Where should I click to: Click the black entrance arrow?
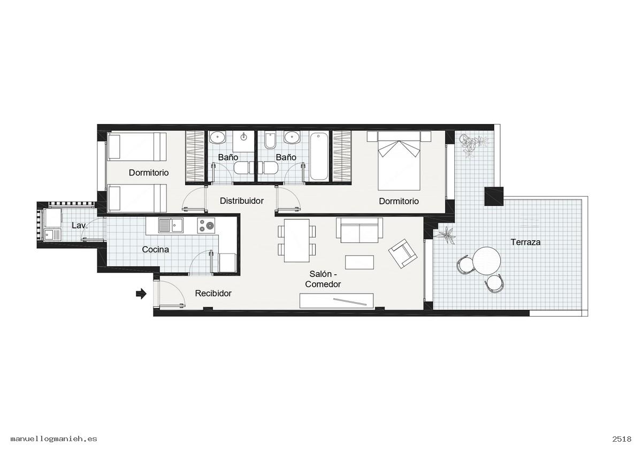point(141,294)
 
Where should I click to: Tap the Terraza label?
point(525,242)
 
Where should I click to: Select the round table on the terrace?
point(487,261)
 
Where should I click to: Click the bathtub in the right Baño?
point(319,156)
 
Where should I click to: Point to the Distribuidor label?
point(242,201)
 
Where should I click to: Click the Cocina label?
point(155,250)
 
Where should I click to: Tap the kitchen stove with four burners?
point(206,226)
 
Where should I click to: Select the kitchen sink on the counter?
point(171,225)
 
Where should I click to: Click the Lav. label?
point(79,226)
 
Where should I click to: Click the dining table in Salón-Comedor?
point(296,241)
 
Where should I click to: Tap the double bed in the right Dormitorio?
point(399,160)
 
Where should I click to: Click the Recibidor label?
point(213,294)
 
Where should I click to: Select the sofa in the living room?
point(360,230)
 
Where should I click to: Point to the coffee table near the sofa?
point(360,263)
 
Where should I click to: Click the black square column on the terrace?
point(494,196)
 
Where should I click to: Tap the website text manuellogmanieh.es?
point(54,438)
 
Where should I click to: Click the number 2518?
point(622,439)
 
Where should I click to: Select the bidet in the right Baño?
point(270,140)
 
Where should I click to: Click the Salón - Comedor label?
point(323,279)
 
